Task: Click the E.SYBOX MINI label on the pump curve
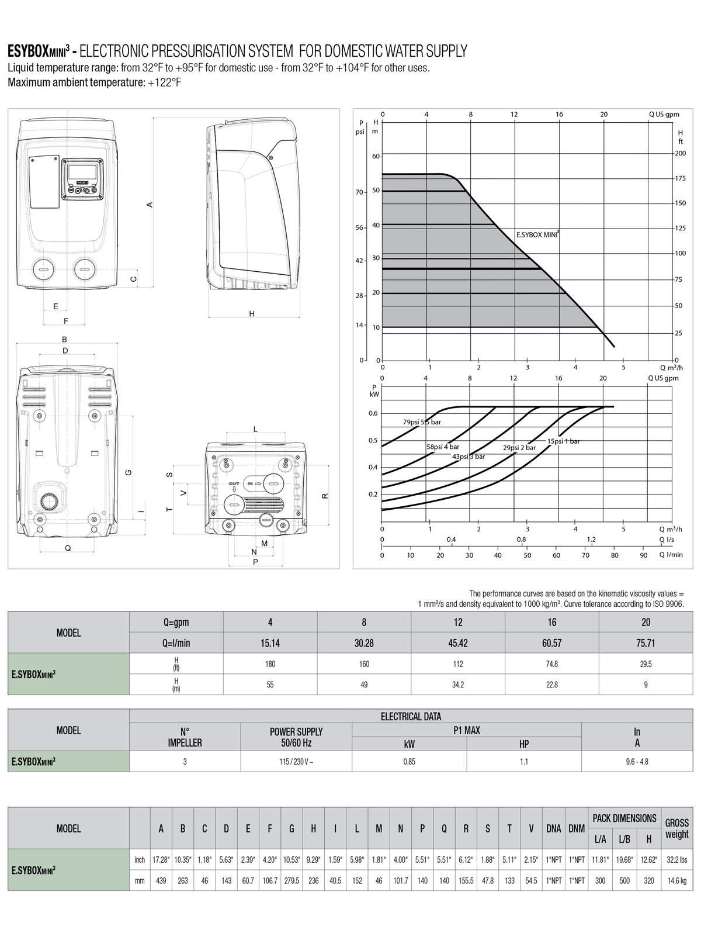click(x=537, y=234)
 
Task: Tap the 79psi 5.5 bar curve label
click(x=422, y=422)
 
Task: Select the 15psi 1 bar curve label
click(x=564, y=441)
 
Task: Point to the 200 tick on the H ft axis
click(x=681, y=153)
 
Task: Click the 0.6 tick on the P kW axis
click(x=373, y=413)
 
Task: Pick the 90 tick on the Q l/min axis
click(x=643, y=555)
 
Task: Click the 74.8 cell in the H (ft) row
click(x=551, y=664)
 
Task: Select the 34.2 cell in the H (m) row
click(x=458, y=685)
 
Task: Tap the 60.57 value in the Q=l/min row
click(x=551, y=643)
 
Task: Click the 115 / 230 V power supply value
click(x=296, y=761)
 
